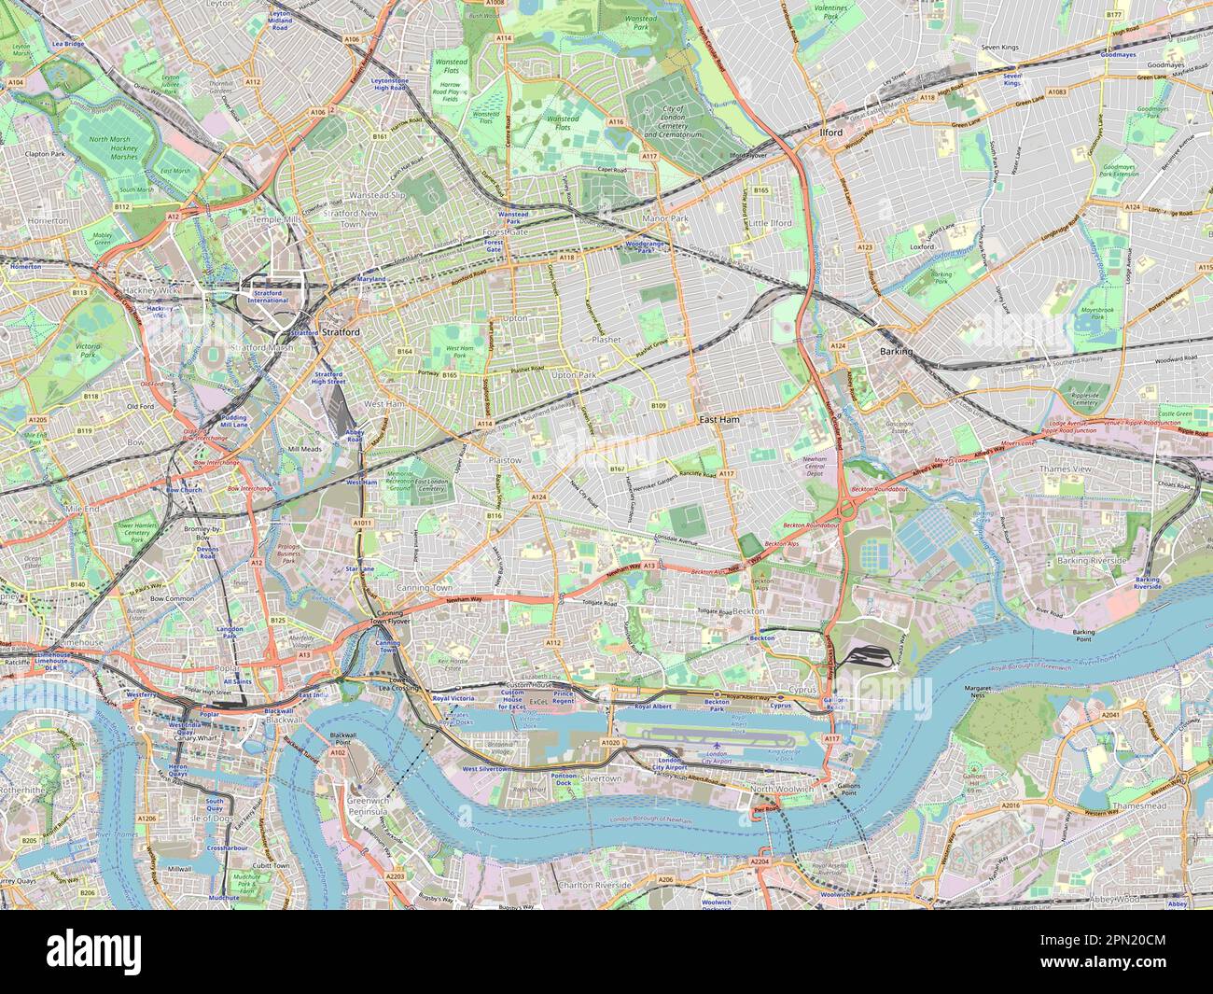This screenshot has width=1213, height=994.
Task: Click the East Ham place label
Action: pos(719,421)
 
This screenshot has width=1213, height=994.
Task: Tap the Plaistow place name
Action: pos(505,460)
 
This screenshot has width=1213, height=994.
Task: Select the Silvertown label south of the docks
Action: pos(601,777)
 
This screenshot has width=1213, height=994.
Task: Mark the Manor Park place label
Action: pos(665,218)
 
